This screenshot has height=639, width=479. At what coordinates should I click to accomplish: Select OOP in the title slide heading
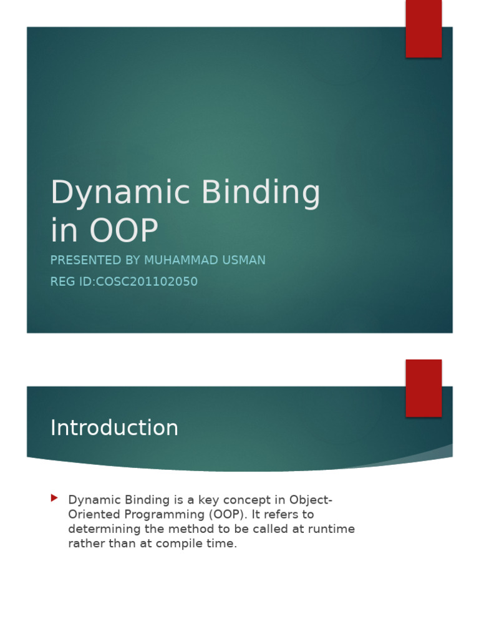(123, 231)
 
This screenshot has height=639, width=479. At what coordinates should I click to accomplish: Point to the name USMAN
(244, 260)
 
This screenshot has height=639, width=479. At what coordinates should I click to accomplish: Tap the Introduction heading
(114, 428)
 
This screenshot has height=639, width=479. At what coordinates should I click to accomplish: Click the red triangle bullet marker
(54, 498)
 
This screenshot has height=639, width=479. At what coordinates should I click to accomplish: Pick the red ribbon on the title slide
(423, 28)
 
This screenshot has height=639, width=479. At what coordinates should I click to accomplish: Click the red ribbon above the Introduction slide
(423, 388)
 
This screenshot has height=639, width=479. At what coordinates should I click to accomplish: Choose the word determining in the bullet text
(102, 529)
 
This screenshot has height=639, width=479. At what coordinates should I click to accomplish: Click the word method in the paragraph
(183, 529)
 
